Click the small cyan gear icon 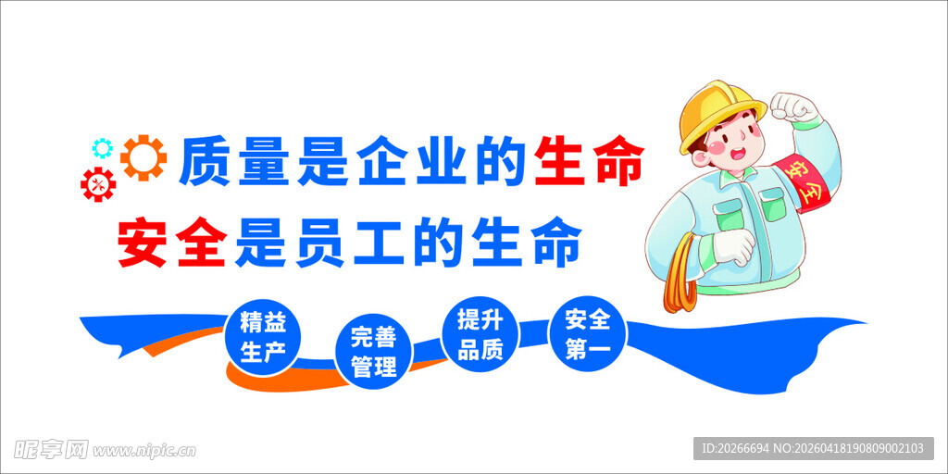pos(102,147)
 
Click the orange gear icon pos(143,158)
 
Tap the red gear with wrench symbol pos(98,185)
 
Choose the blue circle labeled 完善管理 pos(373,352)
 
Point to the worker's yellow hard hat pos(717,115)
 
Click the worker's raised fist pos(796,108)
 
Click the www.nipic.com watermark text pos(144,451)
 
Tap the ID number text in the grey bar pos(736,449)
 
